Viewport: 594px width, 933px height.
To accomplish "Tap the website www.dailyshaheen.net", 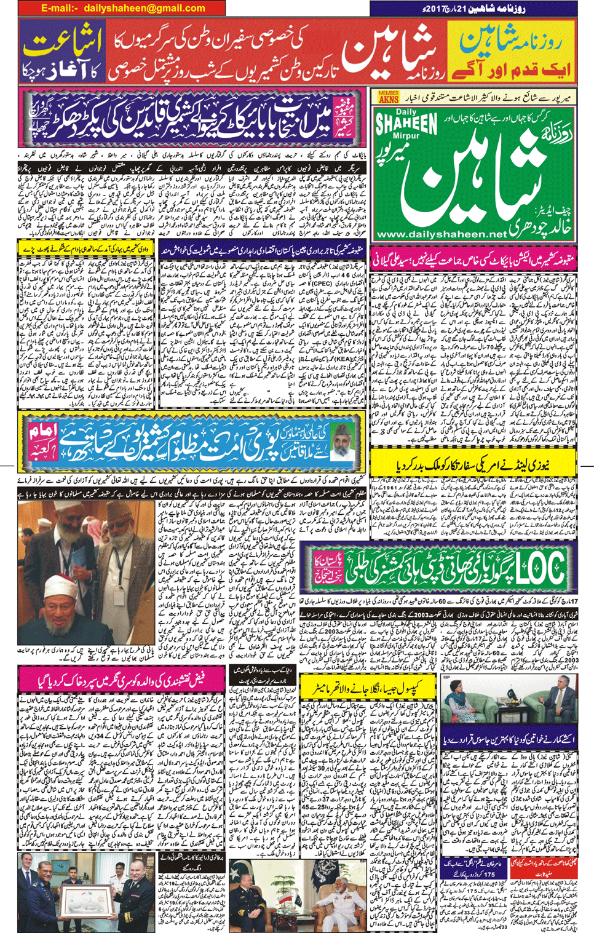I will pos(438,234).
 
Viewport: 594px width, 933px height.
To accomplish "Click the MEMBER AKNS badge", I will pos(388,97).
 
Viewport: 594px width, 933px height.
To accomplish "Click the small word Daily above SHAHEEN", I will pos(406,112).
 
